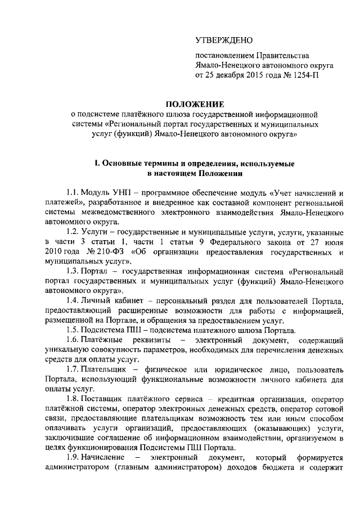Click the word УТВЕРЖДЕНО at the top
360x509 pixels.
[x=224, y=40]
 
